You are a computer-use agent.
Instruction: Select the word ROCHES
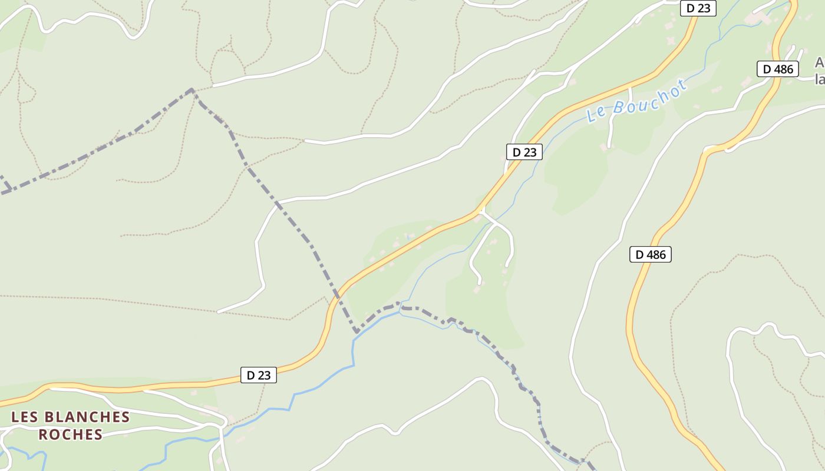[x=71, y=434]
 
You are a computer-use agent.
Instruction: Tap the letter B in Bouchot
[x=618, y=107]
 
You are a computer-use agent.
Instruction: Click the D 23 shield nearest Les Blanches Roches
[x=258, y=375]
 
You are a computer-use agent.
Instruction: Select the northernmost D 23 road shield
[x=698, y=8]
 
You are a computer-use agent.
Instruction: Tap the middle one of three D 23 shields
[x=524, y=152]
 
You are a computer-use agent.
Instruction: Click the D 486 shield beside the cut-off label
[x=778, y=69]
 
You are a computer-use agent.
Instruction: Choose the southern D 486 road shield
[x=651, y=254]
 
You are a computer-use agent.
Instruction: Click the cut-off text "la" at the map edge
[x=819, y=79]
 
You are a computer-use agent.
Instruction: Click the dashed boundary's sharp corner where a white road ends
[x=192, y=89]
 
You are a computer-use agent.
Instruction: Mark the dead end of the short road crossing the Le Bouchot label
[x=609, y=145]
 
